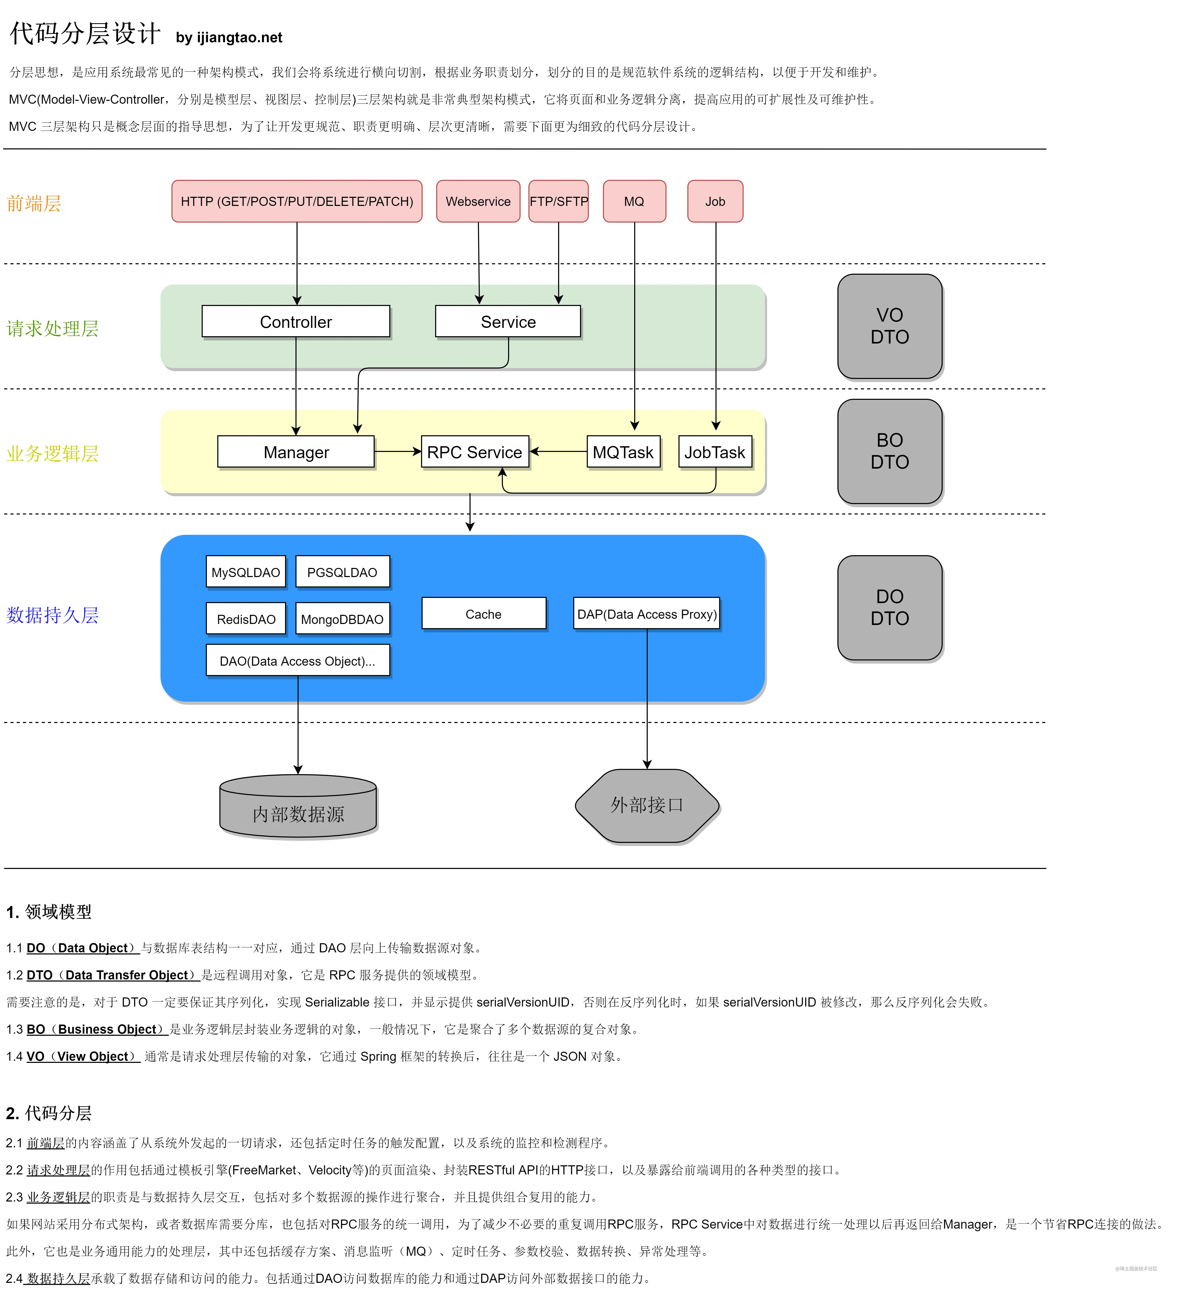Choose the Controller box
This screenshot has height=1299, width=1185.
click(296, 322)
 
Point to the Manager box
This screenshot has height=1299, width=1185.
click(296, 452)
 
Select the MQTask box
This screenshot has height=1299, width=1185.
click(624, 452)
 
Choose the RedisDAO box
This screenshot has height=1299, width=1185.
click(246, 618)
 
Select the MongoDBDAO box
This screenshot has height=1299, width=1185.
click(343, 618)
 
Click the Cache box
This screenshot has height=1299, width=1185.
click(484, 614)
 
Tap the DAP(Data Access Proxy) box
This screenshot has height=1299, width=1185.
click(647, 614)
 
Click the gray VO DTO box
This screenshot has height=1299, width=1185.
click(890, 326)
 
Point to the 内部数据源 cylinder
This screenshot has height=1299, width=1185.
click(298, 806)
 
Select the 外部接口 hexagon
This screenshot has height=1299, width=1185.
click(647, 805)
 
